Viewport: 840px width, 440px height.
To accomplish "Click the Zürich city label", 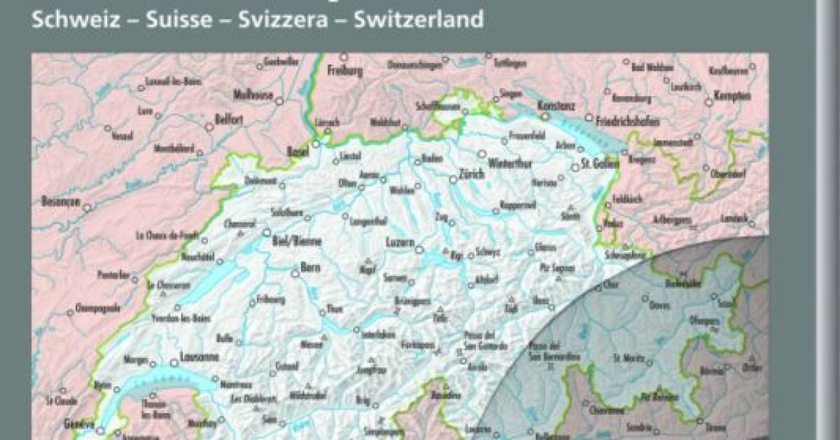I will click(x=471, y=177).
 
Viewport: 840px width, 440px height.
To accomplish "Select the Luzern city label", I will click(x=400, y=242).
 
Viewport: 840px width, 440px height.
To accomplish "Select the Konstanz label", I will click(x=556, y=105).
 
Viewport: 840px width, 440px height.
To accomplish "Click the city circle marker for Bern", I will click(x=295, y=275).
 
